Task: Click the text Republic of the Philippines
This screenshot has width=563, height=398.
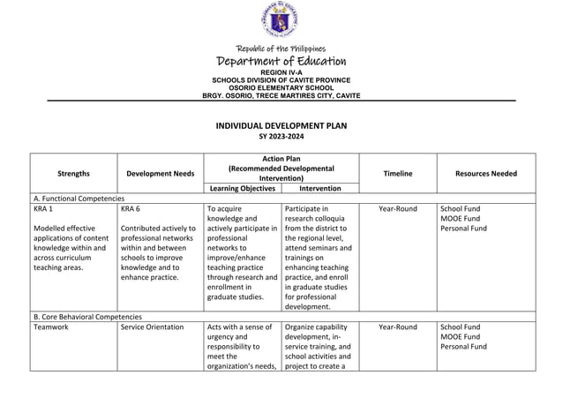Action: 281,49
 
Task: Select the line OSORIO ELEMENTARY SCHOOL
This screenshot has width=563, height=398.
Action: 281,88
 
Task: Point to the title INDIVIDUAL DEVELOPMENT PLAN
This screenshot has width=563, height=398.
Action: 281,126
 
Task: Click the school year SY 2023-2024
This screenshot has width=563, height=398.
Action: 281,138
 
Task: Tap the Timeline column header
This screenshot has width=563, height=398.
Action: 397,174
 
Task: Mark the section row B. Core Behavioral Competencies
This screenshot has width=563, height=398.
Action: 86,316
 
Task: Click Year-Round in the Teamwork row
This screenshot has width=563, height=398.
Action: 397,327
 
